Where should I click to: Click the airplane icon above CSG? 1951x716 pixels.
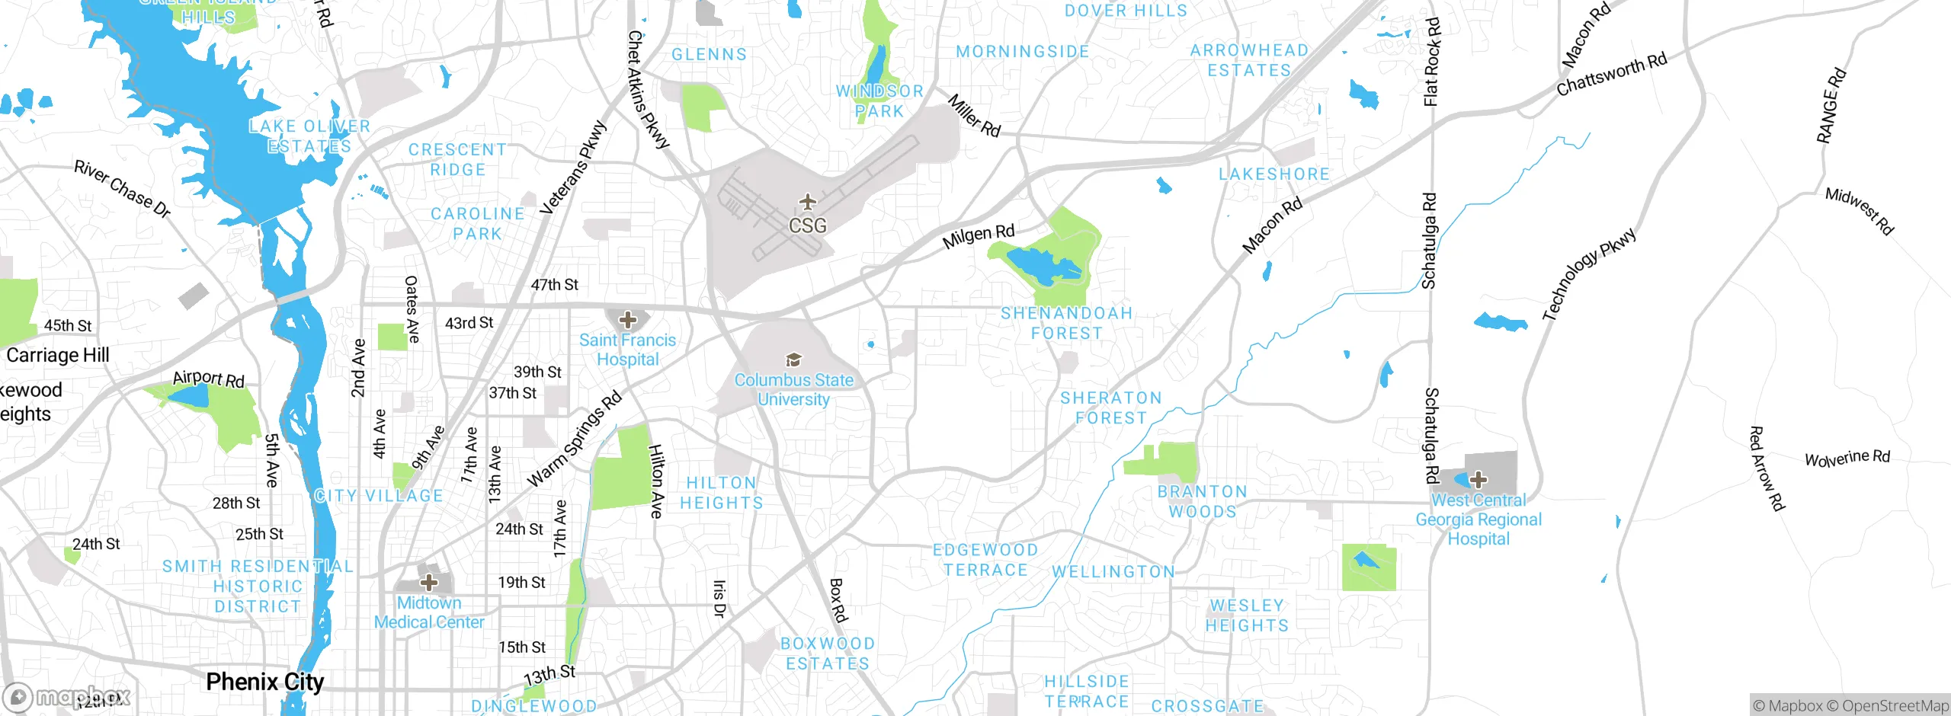click(807, 203)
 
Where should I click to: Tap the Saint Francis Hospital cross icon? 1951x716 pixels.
click(628, 320)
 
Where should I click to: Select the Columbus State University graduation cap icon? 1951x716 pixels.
click(793, 360)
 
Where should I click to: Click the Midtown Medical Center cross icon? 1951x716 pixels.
click(429, 583)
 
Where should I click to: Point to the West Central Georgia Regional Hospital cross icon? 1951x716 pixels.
click(1478, 480)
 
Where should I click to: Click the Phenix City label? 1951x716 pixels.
click(265, 682)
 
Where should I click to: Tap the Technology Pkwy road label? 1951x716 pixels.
click(1588, 274)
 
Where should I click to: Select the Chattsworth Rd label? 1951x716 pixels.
click(1611, 75)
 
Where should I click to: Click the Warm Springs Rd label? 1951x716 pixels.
click(575, 440)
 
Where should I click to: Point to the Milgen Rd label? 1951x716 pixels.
click(979, 236)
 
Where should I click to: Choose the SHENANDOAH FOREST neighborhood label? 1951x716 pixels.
click(1066, 323)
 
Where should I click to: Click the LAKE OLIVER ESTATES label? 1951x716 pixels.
click(309, 136)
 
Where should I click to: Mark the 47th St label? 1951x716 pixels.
click(554, 285)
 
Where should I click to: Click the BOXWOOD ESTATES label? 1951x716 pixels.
click(828, 654)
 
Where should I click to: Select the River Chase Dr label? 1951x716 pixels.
click(122, 189)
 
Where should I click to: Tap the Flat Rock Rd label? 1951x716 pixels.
click(1431, 61)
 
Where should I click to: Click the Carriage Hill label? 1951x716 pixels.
click(58, 355)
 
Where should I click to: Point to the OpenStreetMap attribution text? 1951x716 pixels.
click(1895, 706)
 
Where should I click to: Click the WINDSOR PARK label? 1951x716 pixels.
click(879, 101)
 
